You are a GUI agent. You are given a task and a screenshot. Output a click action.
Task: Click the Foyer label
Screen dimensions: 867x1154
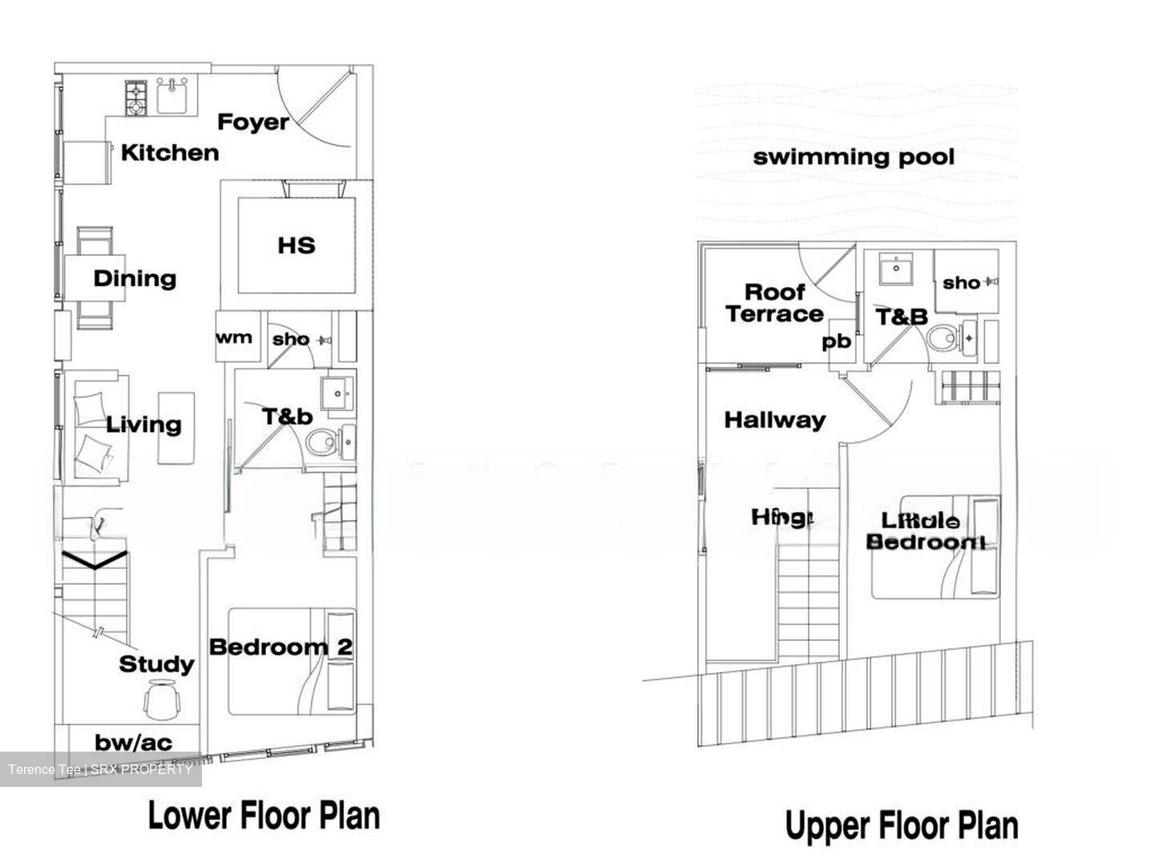[x=252, y=122]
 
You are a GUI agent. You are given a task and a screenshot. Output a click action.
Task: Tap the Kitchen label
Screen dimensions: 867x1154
[x=170, y=152]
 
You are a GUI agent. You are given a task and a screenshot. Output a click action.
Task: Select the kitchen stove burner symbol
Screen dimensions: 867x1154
[x=135, y=97]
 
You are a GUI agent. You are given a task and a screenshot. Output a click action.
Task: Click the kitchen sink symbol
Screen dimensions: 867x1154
[x=172, y=96]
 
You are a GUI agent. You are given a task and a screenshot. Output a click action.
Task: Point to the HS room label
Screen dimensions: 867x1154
[x=297, y=245]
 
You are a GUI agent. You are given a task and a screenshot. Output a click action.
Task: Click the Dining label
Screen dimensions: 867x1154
[x=135, y=279]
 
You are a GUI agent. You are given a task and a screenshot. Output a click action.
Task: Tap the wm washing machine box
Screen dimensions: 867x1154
[x=234, y=337]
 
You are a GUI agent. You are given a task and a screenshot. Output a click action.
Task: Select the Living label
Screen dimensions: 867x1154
[x=144, y=425]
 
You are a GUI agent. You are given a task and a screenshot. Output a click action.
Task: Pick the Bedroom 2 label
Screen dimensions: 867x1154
[x=280, y=647]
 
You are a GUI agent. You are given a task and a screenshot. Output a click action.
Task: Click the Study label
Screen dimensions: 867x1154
[x=157, y=664]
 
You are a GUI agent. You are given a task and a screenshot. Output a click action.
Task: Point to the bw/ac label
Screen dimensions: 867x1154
[x=133, y=743]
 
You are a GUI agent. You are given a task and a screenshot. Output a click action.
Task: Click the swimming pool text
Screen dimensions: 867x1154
[x=853, y=156]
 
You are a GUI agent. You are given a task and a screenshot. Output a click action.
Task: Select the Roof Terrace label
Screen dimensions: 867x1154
[x=774, y=303]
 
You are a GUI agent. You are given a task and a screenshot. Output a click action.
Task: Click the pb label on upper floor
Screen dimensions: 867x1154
[x=836, y=341]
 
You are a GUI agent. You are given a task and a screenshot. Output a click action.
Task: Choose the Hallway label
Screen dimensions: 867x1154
[x=774, y=420]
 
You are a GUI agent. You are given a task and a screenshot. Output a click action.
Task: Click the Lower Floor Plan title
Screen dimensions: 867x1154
[x=264, y=816]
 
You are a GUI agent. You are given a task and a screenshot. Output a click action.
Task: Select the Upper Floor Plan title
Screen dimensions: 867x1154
[x=902, y=825]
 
